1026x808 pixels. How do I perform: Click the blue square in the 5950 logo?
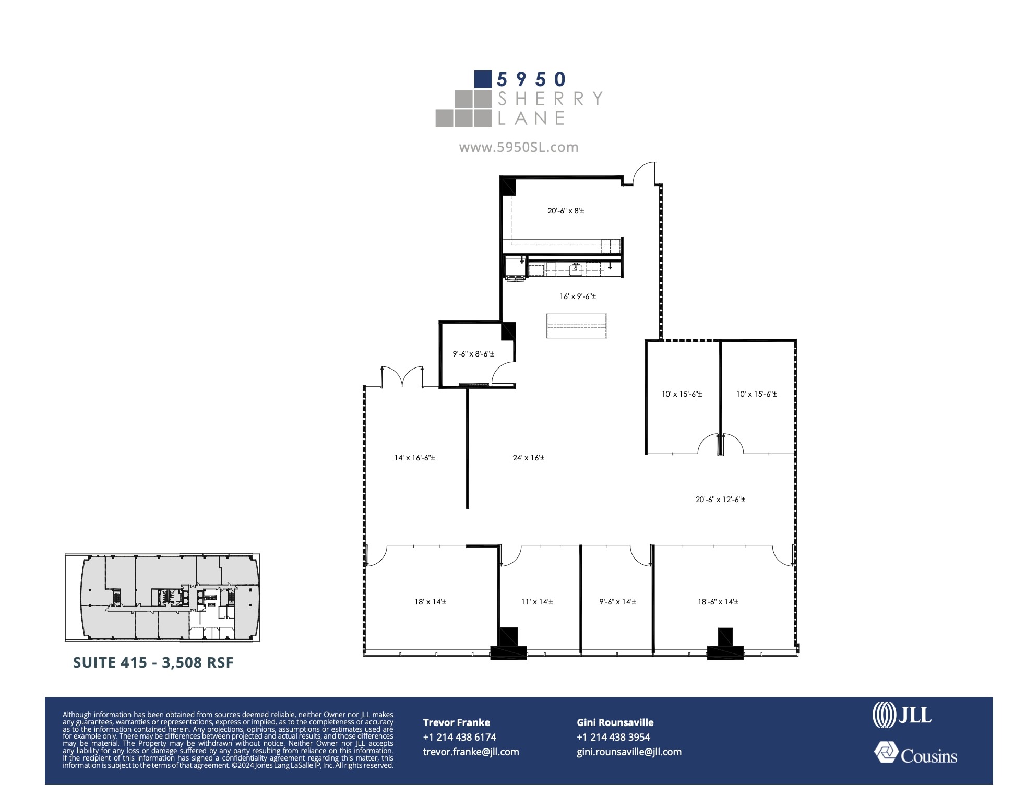click(x=483, y=79)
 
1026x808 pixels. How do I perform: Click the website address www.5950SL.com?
click(x=518, y=147)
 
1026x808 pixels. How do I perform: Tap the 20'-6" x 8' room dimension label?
click(x=566, y=211)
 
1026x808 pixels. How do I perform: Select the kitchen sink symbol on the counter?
click(x=576, y=269)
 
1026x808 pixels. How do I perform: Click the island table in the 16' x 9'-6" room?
click(x=577, y=326)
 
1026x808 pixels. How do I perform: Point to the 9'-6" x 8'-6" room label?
click(x=473, y=354)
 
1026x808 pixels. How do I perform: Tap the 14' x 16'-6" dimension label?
click(x=414, y=458)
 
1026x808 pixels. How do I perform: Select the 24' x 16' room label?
click(x=528, y=458)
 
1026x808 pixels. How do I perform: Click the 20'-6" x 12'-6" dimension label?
click(x=720, y=500)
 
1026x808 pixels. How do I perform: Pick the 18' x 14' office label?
click(x=431, y=602)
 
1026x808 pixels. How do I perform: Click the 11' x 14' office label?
click(x=537, y=602)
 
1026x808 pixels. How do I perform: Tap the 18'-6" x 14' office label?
click(x=718, y=602)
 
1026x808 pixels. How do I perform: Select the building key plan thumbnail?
click(x=162, y=598)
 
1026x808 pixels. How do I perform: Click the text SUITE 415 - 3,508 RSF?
click(x=153, y=662)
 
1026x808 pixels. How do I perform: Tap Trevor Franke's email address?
click(x=471, y=752)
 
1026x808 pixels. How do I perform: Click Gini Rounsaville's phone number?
click(x=613, y=737)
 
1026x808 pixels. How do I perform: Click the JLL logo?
click(x=902, y=715)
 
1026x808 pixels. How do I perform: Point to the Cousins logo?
click(x=915, y=754)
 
